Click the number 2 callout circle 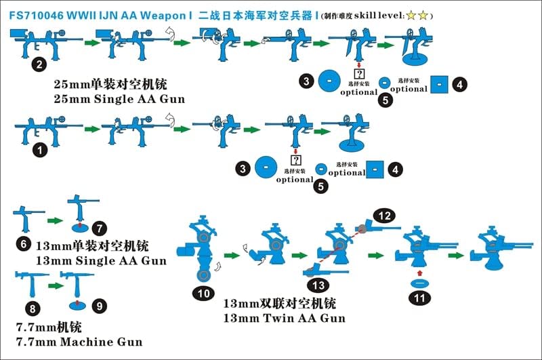40,65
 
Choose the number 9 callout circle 99,306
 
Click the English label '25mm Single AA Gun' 120,100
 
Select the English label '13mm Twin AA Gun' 284,318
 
